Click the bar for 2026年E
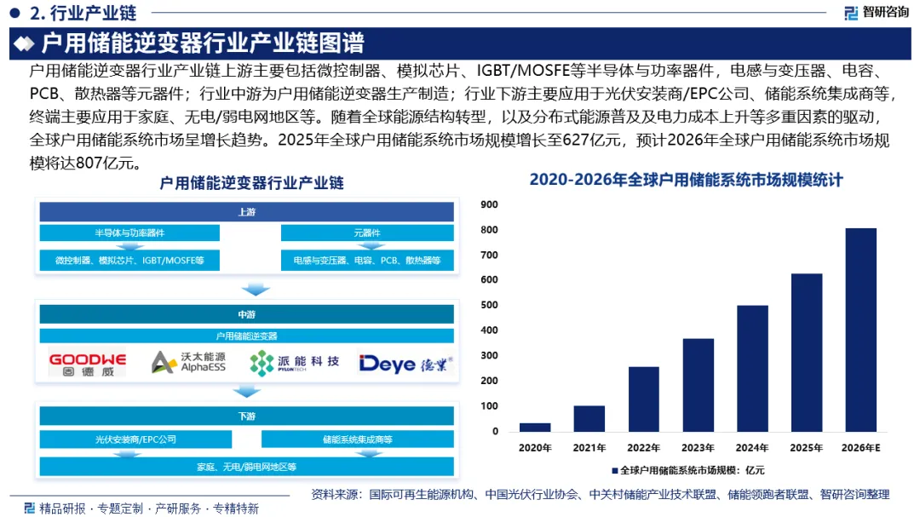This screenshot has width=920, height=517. [860, 330]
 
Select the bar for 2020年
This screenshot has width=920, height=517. [535, 428]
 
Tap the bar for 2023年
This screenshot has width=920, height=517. [699, 385]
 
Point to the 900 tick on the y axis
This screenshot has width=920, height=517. [489, 204]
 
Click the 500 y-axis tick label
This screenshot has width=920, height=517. [489, 305]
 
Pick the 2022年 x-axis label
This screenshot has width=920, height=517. [644, 448]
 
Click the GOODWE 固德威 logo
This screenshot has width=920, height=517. [88, 364]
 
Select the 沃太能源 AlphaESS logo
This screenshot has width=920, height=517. [188, 363]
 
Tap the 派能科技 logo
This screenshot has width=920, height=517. [294, 363]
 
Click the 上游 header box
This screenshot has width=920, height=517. [246, 212]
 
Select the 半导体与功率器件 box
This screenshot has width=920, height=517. [129, 233]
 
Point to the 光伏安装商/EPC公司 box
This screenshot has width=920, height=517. [135, 439]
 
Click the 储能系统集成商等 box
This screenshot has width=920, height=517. [357, 439]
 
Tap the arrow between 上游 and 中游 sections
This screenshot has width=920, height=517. [256, 290]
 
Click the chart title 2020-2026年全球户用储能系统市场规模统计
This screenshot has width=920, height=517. [686, 180]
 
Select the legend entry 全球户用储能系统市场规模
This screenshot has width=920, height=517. [687, 470]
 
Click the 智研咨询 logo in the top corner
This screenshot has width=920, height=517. [877, 12]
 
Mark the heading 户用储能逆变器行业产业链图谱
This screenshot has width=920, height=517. [203, 43]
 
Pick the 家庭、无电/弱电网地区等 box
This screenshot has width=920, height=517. [246, 467]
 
